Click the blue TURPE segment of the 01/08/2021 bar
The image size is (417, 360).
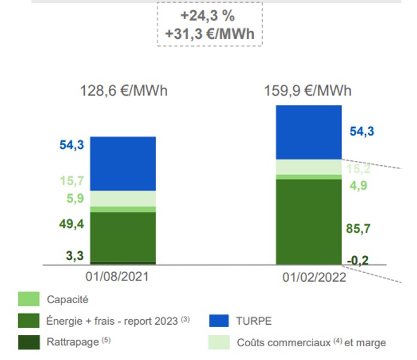coord(123,164)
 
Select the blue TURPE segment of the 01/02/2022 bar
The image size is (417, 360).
coord(308,132)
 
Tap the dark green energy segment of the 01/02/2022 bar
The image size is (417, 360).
coord(308,221)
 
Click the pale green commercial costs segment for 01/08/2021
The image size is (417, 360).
coord(123,199)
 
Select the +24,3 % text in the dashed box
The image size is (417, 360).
coord(208,16)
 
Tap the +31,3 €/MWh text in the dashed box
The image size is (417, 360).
coord(208,33)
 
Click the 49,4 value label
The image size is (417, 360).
coord(71,224)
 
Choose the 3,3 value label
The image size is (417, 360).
coord(75,256)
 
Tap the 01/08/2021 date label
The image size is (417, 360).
coord(117,277)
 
